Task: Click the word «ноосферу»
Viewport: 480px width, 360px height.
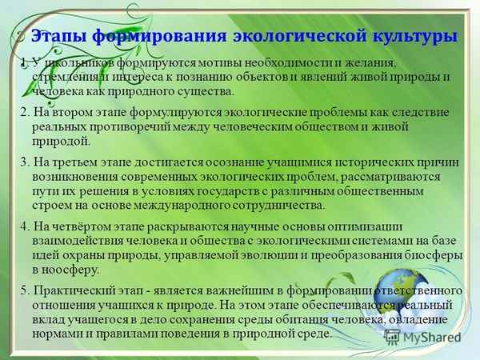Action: click(x=64, y=268)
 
